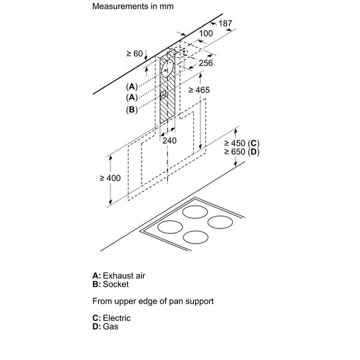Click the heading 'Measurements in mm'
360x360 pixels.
[x=128, y=8]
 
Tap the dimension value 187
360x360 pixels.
[x=224, y=23]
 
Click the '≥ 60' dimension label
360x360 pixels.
[x=135, y=54]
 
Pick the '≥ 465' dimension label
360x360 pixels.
[x=198, y=90]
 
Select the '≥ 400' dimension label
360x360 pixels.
[x=110, y=178]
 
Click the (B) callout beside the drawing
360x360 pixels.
[x=132, y=109]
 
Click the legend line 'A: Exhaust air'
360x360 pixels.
[x=119, y=275]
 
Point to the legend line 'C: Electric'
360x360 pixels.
[x=111, y=318]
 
